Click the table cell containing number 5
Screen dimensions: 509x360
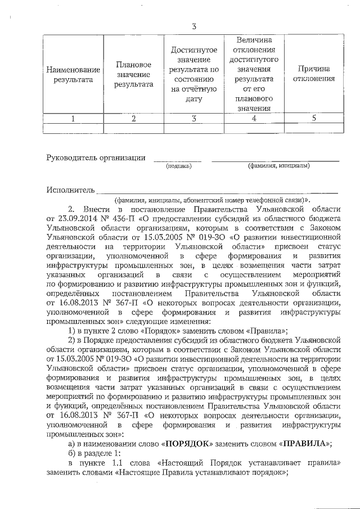pyautogui.click(x=314, y=118)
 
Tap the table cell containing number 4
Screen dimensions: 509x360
pyautogui.click(x=254, y=118)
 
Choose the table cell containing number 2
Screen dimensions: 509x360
pyautogui.click(x=133, y=118)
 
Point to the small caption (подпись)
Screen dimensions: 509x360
pyautogui.click(x=178, y=166)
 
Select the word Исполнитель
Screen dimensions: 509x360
pyautogui.click(x=70, y=190)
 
